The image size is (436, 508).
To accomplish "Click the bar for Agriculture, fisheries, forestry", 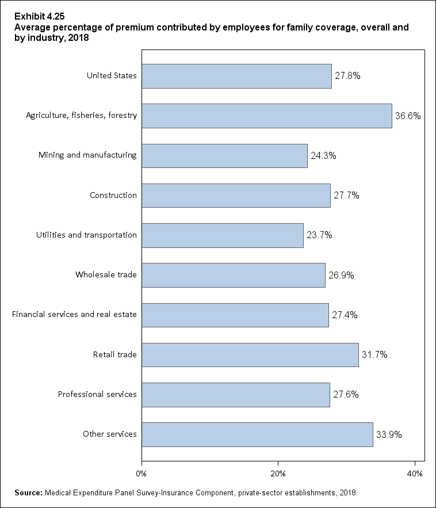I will click(x=267, y=116).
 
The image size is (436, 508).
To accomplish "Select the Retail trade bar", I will click(x=250, y=355).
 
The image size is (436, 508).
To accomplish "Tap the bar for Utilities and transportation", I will click(x=223, y=235).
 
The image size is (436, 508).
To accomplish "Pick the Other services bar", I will click(x=257, y=434).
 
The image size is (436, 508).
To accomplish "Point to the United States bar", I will click(x=236, y=76).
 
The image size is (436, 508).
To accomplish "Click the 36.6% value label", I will click(x=408, y=116).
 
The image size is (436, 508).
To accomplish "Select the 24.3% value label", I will click(x=323, y=155).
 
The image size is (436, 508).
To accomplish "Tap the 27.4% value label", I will click(x=345, y=315).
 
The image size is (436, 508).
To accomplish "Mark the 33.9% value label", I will click(x=389, y=434).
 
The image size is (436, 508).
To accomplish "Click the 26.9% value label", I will click(x=341, y=275).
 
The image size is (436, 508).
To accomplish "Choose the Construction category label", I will click(x=113, y=195).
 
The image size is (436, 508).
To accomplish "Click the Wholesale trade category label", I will click(x=106, y=274).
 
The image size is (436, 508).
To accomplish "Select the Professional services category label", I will click(x=97, y=394).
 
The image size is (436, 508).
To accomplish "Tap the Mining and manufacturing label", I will click(x=87, y=155).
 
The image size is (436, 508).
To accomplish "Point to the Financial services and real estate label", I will click(x=74, y=314).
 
